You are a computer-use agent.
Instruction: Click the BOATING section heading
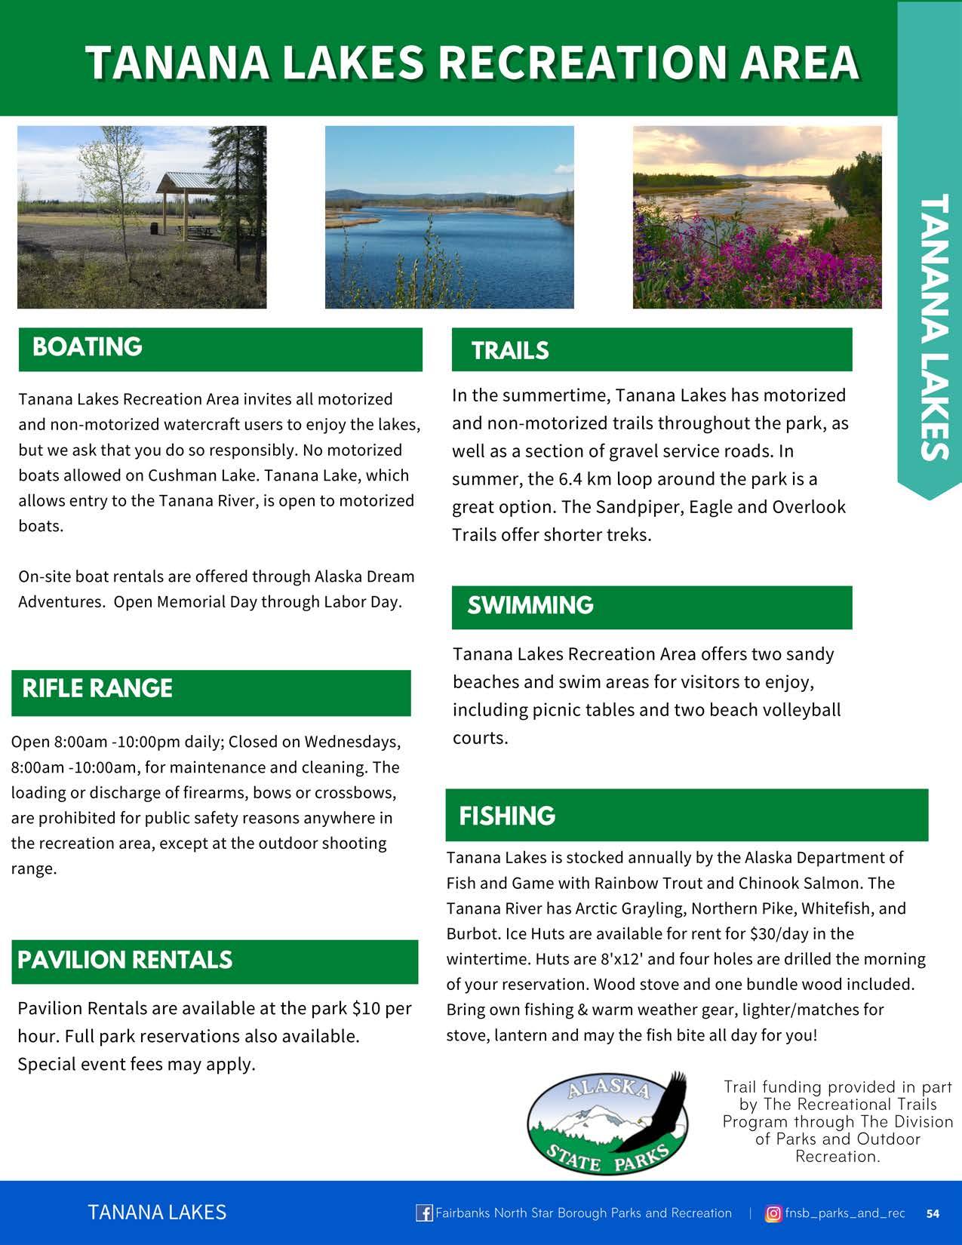click(88, 347)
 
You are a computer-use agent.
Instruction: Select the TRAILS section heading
click(510, 351)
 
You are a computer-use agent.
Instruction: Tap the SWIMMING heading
click(530, 606)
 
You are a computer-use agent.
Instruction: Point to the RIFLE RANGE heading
click(97, 689)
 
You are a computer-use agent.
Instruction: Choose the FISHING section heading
click(507, 816)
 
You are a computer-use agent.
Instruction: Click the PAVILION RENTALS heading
click(125, 961)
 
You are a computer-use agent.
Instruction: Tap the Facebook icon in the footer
click(424, 1213)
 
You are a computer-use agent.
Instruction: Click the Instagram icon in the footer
click(773, 1213)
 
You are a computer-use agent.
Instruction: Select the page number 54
click(933, 1214)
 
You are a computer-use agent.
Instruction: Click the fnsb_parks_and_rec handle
click(845, 1213)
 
